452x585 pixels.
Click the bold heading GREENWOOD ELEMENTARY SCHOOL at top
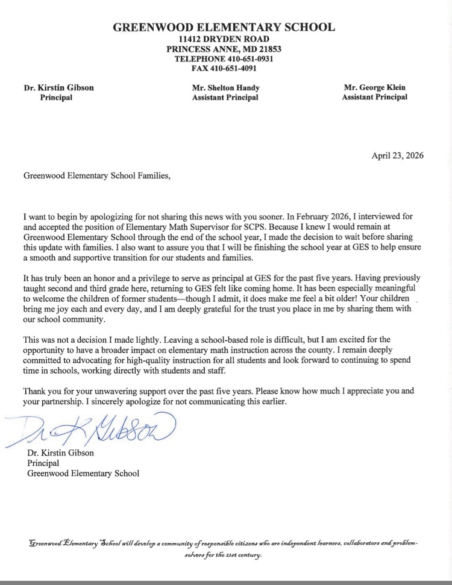pyautogui.click(x=224, y=27)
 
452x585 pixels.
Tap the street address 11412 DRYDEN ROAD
pyautogui.click(x=224, y=39)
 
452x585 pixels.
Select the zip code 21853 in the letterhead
pyautogui.click(x=269, y=49)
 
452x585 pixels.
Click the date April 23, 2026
pyautogui.click(x=398, y=155)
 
